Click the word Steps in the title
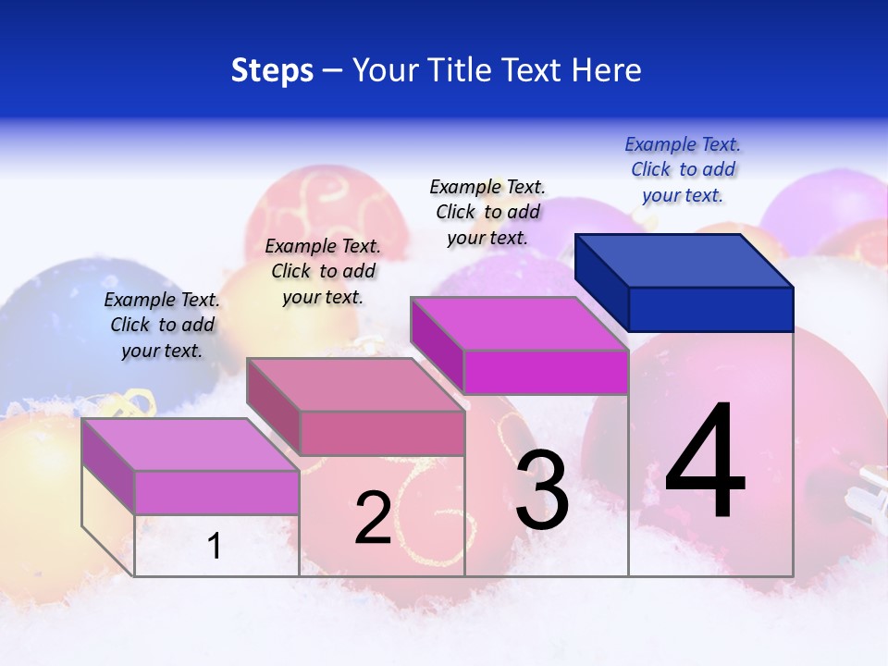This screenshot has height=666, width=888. coord(272,70)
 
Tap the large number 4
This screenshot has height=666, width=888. coord(705,462)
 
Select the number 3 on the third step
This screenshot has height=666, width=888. coord(542,491)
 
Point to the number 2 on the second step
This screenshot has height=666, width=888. coord(373,518)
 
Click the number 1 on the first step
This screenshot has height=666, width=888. coord(215,547)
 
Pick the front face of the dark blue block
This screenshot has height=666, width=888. coord(710,309)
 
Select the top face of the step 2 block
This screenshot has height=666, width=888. coord(355,385)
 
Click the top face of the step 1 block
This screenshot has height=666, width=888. coord(191,445)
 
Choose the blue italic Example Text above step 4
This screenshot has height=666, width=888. coord(683,169)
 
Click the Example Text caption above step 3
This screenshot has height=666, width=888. coord(487,212)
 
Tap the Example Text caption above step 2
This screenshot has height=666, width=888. coord(323,271)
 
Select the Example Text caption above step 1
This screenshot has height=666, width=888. coord(162,325)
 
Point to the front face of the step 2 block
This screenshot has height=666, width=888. coord(382,433)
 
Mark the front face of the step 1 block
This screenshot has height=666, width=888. coord(216,492)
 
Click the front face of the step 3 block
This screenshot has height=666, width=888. coord(546,372)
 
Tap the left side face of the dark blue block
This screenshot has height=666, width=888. coord(601,281)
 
